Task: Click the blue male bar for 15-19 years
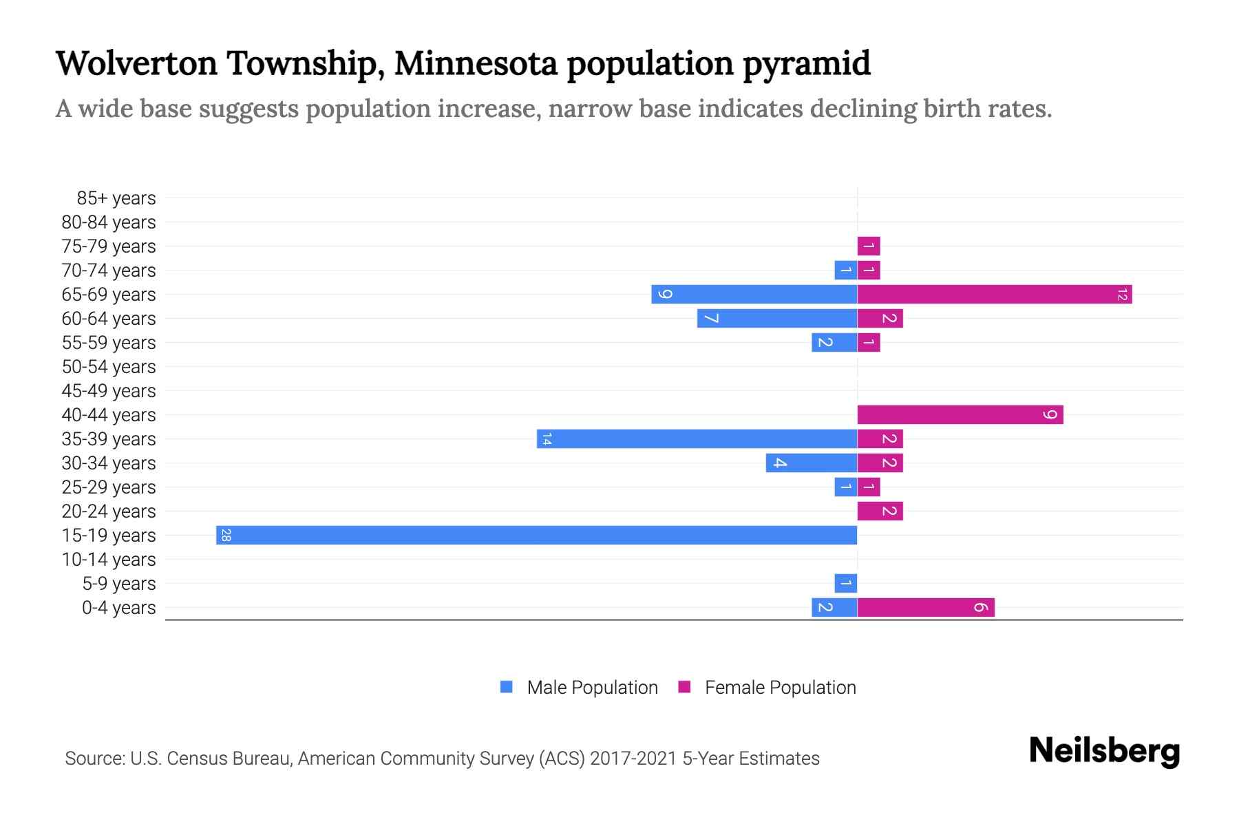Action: [x=536, y=535]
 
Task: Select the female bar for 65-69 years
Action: [x=994, y=295]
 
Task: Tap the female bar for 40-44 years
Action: [x=960, y=414]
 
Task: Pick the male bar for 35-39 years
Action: [x=697, y=438]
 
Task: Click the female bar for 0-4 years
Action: [x=925, y=607]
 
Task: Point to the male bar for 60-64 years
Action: [x=776, y=318]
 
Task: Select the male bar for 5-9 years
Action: [x=845, y=583]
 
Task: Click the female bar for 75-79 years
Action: [x=868, y=246]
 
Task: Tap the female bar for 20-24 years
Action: [x=880, y=511]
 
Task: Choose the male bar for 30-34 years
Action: [x=811, y=463]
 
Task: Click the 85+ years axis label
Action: [x=116, y=198]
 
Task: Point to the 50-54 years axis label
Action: [x=109, y=367]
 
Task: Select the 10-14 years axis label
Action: [x=109, y=560]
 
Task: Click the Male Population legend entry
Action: [x=591, y=688]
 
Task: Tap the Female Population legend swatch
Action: [x=684, y=687]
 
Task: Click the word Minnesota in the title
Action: [x=476, y=63]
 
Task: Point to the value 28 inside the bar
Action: [x=226, y=535]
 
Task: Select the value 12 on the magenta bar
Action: [x=1122, y=295]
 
